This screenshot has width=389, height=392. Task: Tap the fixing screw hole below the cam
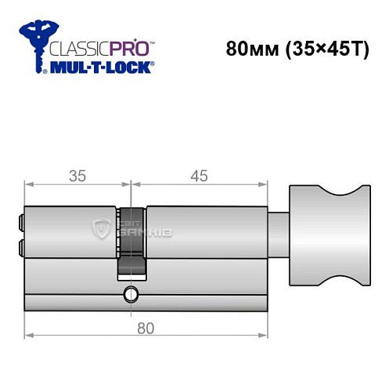(128, 296)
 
